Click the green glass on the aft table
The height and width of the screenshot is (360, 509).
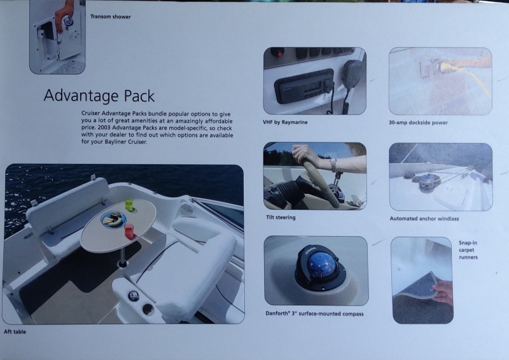point(129,205)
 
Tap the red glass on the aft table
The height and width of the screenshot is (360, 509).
point(129,231)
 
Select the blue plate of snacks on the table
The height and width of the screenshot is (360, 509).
point(113,219)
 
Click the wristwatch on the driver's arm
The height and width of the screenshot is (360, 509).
point(333,164)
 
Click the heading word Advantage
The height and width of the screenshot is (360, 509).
point(81,96)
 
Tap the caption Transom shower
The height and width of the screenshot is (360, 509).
point(110,17)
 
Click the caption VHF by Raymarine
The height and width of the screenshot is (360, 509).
point(285,122)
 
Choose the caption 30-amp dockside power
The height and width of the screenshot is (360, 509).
point(418,123)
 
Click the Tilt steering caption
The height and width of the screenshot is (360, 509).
point(281,218)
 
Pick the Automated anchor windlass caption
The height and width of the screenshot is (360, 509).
point(424,219)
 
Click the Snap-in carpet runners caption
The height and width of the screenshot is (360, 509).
point(468,250)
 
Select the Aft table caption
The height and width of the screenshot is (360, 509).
point(15,332)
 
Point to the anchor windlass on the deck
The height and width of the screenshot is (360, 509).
point(428,182)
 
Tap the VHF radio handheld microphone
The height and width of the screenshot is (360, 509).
point(353,73)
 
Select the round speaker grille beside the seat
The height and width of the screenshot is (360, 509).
point(186,209)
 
